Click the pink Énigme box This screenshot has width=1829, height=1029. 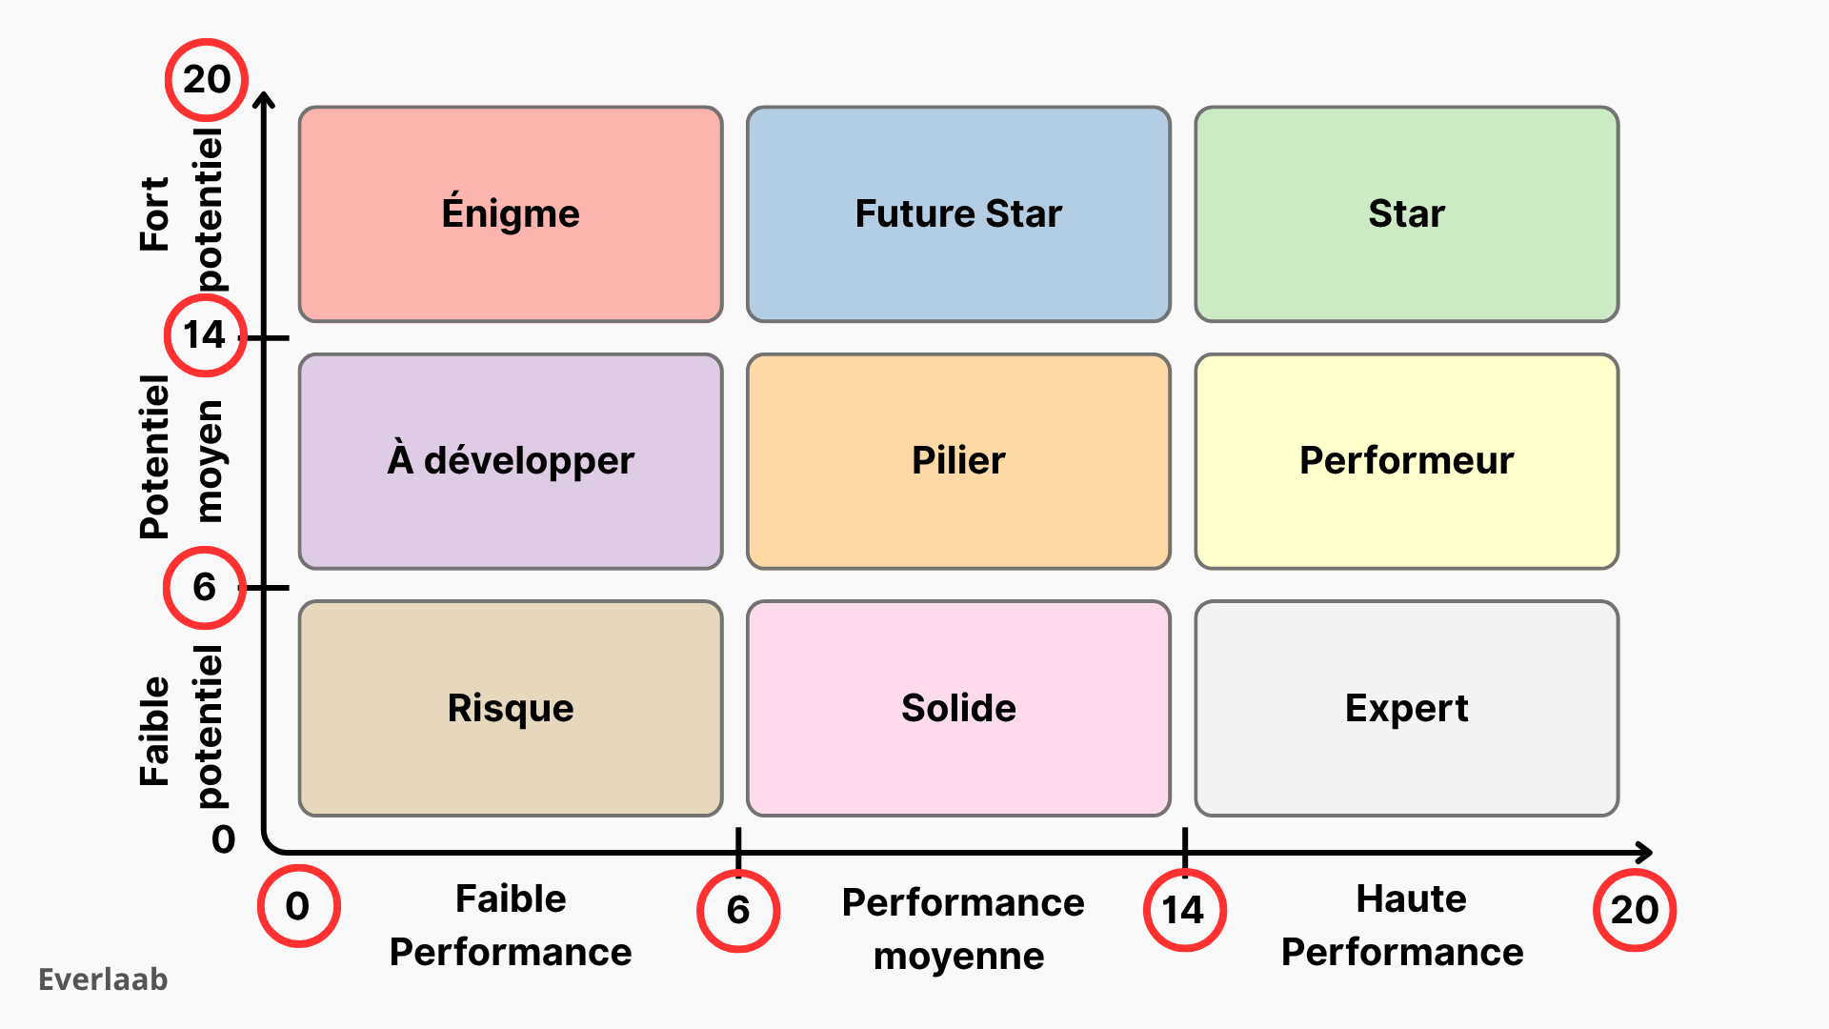click(x=511, y=214)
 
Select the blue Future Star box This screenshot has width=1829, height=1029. click(x=958, y=214)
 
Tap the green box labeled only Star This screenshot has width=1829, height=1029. click(x=1406, y=214)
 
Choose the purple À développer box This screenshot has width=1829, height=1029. click(x=511, y=461)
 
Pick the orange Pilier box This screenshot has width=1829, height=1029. click(x=958, y=461)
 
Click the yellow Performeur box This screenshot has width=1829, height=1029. click(x=1406, y=461)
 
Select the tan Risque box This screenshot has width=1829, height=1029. click(x=511, y=708)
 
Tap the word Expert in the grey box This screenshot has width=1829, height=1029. click(x=1406, y=708)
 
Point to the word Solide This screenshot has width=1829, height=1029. click(x=958, y=708)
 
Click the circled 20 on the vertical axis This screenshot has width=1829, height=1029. click(x=207, y=80)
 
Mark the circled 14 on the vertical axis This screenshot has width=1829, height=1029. click(x=205, y=335)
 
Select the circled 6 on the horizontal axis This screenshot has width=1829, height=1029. click(x=738, y=911)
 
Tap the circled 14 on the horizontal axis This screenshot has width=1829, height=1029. click(x=1184, y=911)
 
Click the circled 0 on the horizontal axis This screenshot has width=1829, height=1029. click(x=298, y=906)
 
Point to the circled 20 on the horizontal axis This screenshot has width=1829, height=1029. click(x=1635, y=911)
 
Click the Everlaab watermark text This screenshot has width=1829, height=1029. click(x=103, y=979)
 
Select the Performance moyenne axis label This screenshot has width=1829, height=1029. click(x=962, y=929)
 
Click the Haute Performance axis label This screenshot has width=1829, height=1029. click(x=1403, y=925)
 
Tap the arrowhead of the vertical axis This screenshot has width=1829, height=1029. click(x=266, y=99)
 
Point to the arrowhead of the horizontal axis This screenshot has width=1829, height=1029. click(x=1644, y=852)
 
